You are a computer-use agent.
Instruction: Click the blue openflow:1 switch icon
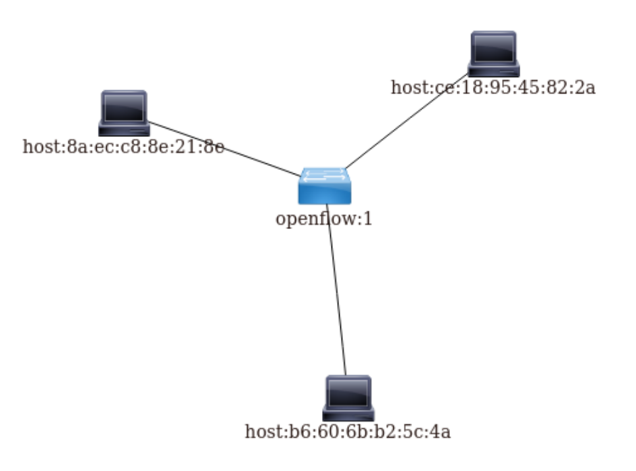pos(325,186)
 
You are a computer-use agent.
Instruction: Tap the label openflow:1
pos(324,220)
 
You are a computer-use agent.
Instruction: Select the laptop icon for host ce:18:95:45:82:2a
pos(494,53)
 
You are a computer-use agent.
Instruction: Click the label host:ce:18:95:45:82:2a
pos(493,87)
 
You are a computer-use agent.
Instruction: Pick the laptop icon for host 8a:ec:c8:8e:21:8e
pos(124,112)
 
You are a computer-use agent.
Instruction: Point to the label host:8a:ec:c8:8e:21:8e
pos(123,146)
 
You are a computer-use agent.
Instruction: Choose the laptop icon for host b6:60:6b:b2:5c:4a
pos(348,397)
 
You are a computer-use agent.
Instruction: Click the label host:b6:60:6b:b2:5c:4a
pos(348,432)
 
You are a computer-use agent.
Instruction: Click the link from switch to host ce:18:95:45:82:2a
pos(406,122)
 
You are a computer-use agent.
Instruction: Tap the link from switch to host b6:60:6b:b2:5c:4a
pos(337,298)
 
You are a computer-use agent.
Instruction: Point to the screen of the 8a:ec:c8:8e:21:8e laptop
pos(124,107)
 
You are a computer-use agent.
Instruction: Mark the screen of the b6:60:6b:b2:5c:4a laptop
pos(348,392)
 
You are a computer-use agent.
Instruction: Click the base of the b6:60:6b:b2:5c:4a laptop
pos(348,413)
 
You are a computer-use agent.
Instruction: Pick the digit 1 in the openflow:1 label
pos(369,220)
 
